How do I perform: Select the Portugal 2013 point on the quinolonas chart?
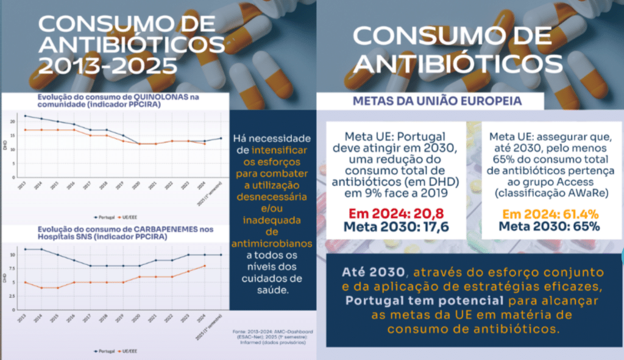tap(25, 116)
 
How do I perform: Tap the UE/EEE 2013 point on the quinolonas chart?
tap(25, 130)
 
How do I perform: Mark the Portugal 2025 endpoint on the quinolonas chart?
tap(221, 138)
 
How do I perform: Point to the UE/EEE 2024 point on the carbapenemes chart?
tap(205, 266)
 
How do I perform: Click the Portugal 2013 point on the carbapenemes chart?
tap(25, 249)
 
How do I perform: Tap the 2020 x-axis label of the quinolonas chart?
tap(138, 186)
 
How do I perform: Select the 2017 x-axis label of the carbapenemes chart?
tap(88, 319)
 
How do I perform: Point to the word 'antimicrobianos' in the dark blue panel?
tap(272, 243)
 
